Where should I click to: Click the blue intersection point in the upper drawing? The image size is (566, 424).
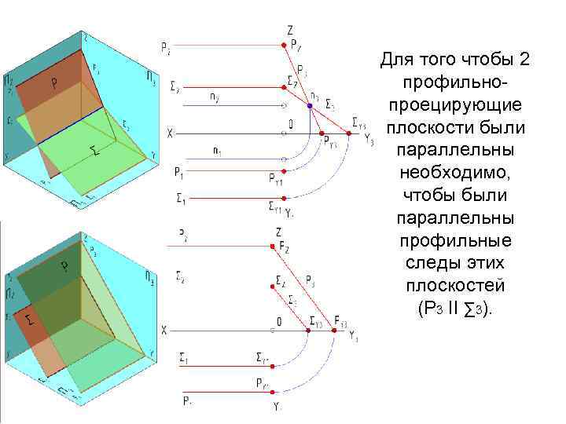point(310,105)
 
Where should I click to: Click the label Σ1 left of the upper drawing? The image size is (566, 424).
point(180,199)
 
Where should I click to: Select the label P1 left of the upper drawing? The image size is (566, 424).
point(179,170)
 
